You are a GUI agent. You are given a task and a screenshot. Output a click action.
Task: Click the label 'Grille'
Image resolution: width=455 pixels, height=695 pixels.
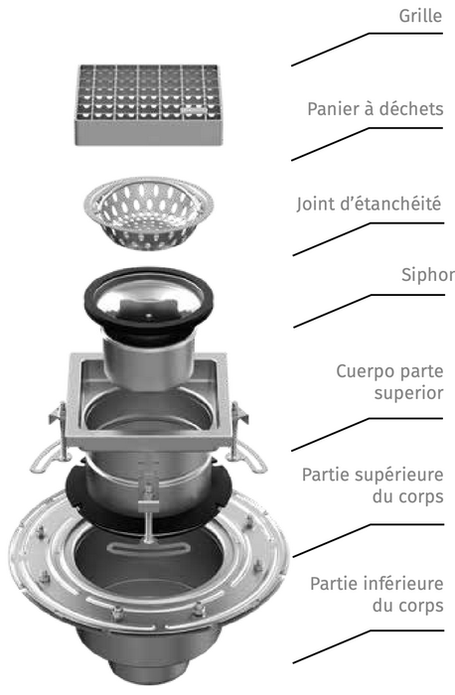point(420,16)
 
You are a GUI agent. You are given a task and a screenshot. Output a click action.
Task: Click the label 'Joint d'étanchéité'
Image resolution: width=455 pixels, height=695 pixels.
point(369,204)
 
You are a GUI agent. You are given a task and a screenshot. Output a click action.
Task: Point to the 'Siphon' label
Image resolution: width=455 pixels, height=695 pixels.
point(428,275)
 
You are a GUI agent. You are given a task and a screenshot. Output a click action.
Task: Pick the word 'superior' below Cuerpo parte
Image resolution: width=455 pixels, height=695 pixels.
point(408,393)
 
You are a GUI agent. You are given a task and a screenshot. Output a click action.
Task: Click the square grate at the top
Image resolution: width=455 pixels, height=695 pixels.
point(148,104)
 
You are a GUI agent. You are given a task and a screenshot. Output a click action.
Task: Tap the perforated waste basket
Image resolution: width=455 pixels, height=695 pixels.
point(148,212)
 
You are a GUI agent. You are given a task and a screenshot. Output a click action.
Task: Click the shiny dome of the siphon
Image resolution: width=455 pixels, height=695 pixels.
point(148,296)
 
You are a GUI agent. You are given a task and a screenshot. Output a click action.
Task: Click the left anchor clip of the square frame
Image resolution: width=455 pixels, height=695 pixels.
point(51,443)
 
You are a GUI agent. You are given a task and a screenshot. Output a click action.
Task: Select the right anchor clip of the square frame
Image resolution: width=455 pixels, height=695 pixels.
point(245,443)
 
